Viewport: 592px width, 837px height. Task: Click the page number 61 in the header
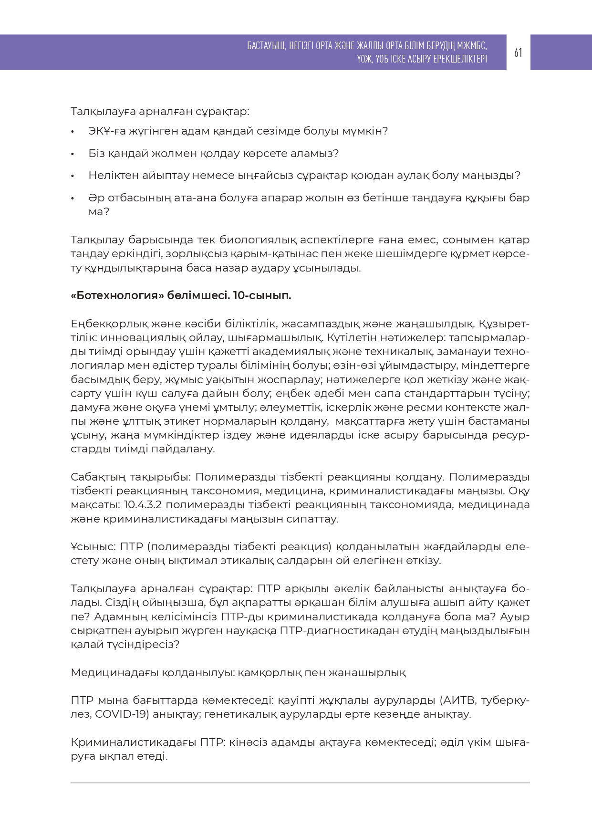(x=518, y=52)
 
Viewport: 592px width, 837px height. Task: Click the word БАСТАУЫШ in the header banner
(x=266, y=46)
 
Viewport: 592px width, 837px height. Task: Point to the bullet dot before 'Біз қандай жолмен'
(x=73, y=154)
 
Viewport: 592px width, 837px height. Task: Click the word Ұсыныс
(x=93, y=546)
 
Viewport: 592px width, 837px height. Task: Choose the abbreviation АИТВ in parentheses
(x=458, y=701)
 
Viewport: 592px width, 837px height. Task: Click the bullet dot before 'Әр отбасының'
(x=73, y=198)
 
